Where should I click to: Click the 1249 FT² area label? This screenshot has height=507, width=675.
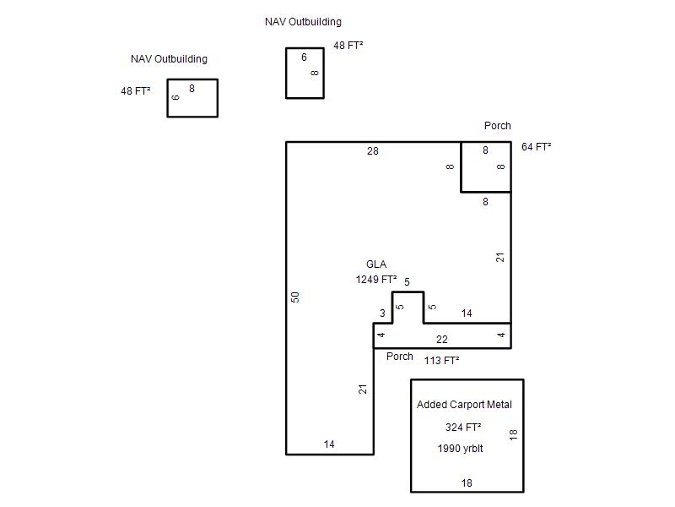(x=376, y=280)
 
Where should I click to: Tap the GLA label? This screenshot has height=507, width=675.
(x=376, y=264)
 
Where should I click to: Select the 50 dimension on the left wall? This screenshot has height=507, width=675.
(x=295, y=297)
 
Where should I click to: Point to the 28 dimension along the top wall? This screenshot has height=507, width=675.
(x=373, y=151)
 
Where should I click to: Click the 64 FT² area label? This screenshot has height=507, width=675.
(x=537, y=146)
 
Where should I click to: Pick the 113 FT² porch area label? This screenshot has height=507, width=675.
(x=441, y=361)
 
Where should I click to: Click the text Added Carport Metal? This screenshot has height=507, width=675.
(x=465, y=405)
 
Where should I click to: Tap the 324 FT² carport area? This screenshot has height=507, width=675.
(x=463, y=428)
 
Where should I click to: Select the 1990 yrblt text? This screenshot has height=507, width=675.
(x=460, y=449)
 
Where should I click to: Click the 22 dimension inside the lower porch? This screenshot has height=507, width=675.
(x=441, y=340)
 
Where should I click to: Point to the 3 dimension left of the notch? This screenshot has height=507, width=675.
(x=382, y=313)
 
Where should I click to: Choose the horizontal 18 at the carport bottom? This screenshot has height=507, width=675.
(x=467, y=482)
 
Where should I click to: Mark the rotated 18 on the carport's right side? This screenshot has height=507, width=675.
(x=513, y=434)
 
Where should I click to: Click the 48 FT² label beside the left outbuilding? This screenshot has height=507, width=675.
(x=136, y=91)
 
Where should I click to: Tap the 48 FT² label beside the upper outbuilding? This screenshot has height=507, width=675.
(x=348, y=46)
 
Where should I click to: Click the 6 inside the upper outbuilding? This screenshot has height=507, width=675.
(x=304, y=57)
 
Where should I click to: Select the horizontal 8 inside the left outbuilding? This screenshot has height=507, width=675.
(x=192, y=89)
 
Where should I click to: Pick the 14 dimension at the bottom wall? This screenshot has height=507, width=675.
(x=329, y=444)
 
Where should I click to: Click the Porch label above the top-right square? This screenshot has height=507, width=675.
(x=498, y=125)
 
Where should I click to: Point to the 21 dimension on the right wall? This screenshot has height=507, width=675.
(x=499, y=258)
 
